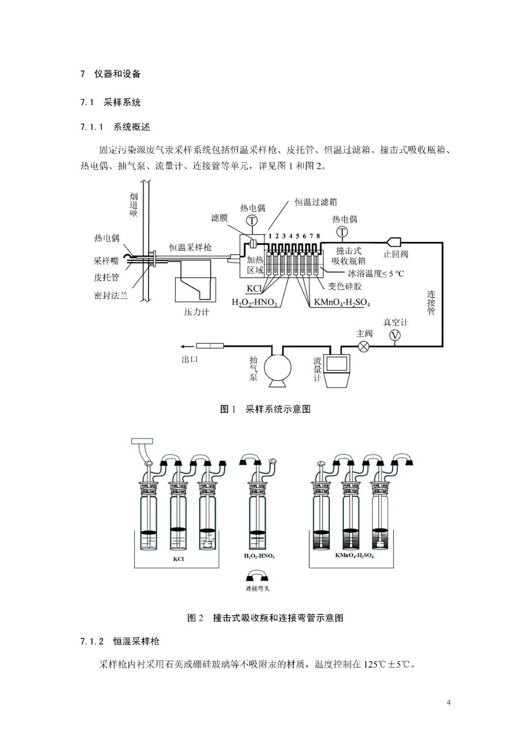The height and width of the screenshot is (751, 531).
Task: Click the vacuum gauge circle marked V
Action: (395, 335)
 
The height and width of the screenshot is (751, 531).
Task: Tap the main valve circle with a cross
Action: (364, 346)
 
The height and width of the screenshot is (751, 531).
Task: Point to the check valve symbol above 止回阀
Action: (394, 242)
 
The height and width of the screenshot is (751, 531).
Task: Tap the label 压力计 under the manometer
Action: (196, 312)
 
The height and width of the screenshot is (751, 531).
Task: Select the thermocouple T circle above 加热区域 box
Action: (252, 221)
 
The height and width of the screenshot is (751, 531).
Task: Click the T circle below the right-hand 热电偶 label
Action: (342, 231)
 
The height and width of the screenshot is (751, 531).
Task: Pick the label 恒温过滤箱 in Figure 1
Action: (316, 202)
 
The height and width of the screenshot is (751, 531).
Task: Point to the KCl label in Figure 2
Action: (178, 559)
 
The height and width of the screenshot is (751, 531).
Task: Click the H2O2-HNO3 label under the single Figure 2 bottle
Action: (259, 556)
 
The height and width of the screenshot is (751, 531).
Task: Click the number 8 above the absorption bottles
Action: (318, 236)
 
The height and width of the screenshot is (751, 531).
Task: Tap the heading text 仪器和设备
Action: (118, 74)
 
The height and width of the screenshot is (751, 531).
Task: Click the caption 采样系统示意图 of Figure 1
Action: (278, 409)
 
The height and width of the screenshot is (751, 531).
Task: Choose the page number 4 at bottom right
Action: (448, 702)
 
